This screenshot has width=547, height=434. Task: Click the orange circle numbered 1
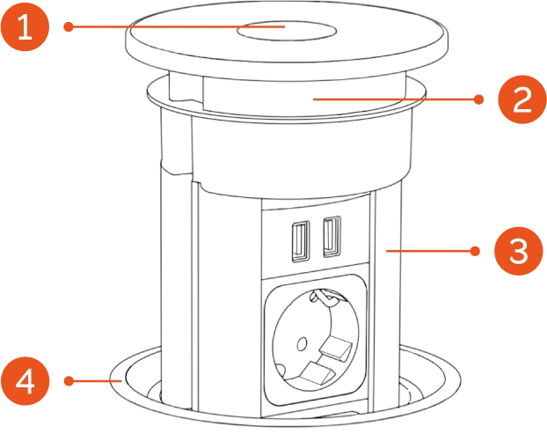click(x=25, y=26)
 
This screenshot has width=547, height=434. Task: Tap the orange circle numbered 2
click(x=522, y=99)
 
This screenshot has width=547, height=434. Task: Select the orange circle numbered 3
click(x=519, y=251)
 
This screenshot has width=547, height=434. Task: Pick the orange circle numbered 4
click(x=26, y=381)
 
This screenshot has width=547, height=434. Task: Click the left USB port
click(x=301, y=241)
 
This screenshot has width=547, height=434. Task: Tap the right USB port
click(x=332, y=237)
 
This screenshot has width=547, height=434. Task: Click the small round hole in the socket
click(x=302, y=344)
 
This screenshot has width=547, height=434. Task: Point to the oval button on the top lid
click(x=287, y=31)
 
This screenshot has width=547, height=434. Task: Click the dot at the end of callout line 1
click(x=69, y=27)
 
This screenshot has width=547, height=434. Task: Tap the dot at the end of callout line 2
click(x=479, y=99)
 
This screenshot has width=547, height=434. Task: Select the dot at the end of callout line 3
click(x=475, y=251)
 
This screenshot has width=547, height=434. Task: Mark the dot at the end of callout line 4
click(x=69, y=381)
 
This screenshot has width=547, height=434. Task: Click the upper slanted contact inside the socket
click(x=335, y=349)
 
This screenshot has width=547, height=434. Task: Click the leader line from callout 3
click(x=431, y=251)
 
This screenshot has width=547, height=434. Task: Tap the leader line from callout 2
click(x=396, y=99)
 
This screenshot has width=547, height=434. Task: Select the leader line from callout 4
click(x=95, y=381)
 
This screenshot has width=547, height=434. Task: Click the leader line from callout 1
click(x=178, y=26)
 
